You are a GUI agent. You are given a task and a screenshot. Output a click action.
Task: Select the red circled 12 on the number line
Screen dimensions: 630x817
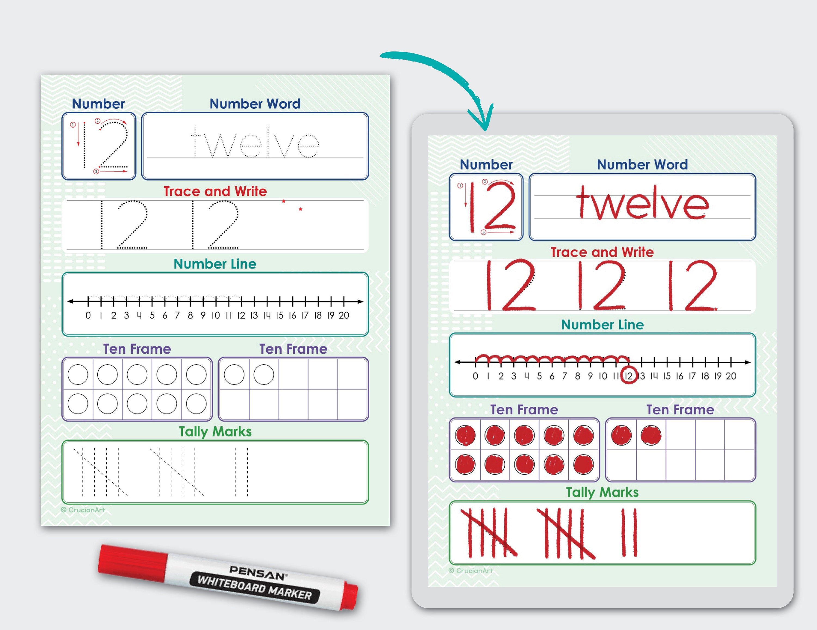(629, 376)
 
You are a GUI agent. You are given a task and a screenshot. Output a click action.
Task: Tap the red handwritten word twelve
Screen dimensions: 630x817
(642, 204)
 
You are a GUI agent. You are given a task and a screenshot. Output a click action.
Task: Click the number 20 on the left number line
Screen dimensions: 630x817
(344, 315)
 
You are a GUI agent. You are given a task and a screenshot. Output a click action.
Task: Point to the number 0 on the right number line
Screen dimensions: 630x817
(475, 376)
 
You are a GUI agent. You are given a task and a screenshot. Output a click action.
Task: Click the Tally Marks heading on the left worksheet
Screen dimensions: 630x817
(215, 432)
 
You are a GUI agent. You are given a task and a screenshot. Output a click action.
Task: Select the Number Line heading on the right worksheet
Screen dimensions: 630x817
(602, 325)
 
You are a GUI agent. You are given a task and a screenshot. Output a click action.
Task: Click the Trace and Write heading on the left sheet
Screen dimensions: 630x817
(215, 191)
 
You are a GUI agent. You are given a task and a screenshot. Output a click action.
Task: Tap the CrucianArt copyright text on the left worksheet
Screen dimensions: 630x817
(83, 510)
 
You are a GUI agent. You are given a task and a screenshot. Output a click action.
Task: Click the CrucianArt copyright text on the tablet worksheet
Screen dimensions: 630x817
(471, 571)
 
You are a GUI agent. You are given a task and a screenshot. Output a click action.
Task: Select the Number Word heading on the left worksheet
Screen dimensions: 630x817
(255, 103)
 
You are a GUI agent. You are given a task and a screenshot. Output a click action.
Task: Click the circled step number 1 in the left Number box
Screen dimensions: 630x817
(73, 125)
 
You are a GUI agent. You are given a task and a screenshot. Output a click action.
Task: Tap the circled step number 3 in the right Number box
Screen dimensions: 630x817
(483, 232)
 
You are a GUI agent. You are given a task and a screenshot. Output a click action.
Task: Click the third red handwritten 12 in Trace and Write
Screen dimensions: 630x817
(693, 286)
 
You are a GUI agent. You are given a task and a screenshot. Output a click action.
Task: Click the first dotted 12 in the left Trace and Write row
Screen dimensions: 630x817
(124, 225)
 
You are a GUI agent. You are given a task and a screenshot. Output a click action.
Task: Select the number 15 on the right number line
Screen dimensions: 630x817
(667, 376)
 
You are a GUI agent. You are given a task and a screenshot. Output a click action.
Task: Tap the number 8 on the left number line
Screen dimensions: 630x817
(190, 315)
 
